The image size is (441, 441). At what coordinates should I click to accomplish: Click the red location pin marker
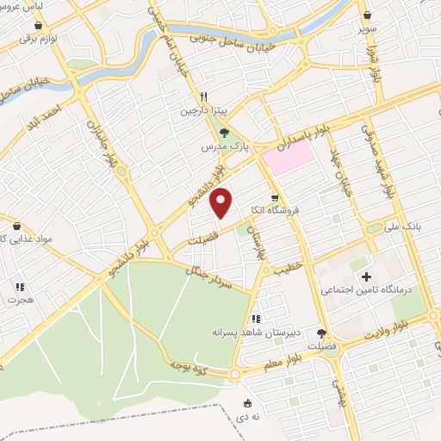221,203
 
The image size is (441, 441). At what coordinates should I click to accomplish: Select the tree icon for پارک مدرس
225,134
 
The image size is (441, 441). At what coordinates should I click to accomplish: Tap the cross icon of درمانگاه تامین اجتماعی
367,277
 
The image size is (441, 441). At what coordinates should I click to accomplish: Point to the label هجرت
19,301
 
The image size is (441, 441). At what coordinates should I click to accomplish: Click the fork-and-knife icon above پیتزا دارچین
203,97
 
